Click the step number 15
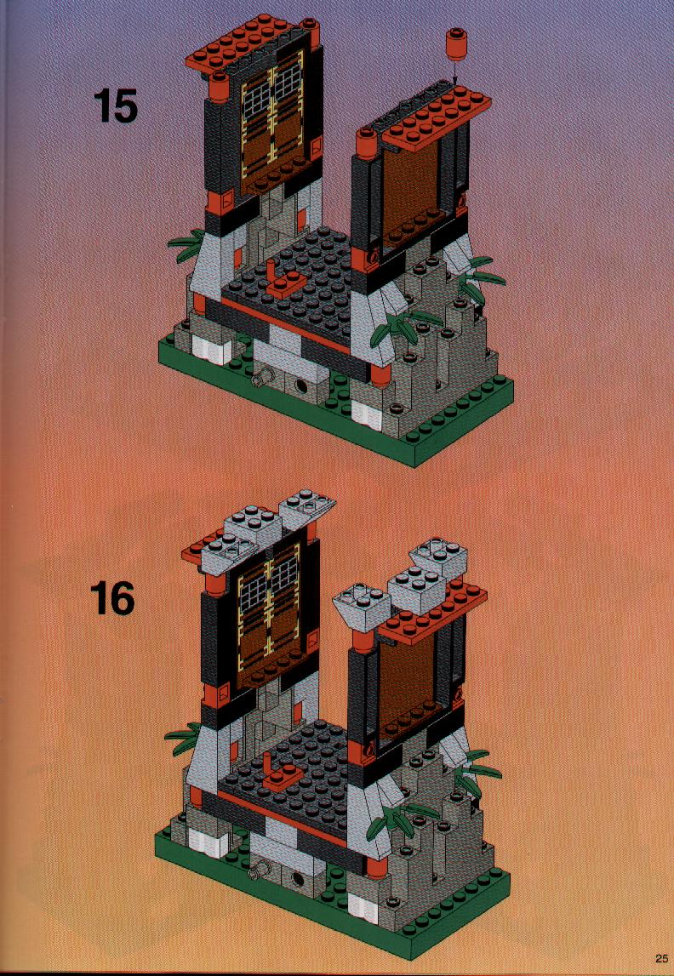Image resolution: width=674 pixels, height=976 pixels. (x=115, y=106)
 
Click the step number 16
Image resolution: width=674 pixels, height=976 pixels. (x=112, y=598)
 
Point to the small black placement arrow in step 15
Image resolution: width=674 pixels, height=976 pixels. (x=455, y=73)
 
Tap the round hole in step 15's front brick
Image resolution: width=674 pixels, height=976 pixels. (x=303, y=386)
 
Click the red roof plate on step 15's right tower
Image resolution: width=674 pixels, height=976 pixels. (x=437, y=117)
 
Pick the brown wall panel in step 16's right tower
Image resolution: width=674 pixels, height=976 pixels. (x=408, y=677)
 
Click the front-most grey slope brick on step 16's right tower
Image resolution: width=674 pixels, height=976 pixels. (x=360, y=604)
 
